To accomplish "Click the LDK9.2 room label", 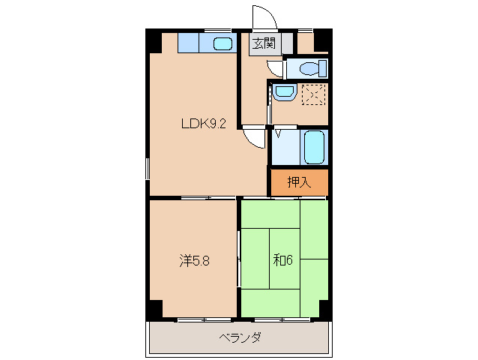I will [x=203, y=124].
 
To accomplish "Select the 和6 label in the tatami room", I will [x=282, y=260].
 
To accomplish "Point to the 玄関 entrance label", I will [x=262, y=43].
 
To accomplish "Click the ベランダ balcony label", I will [x=240, y=337].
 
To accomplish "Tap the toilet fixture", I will [x=309, y=69].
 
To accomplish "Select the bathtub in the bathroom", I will [x=313, y=147].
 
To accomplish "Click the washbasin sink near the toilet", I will [x=283, y=93].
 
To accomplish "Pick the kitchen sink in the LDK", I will [x=223, y=43].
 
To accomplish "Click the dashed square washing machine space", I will [x=313, y=96].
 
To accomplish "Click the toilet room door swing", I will [x=276, y=69].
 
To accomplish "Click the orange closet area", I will [x=298, y=181].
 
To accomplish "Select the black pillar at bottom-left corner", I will [x=153, y=308].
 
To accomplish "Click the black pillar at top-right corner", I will [x=322, y=39].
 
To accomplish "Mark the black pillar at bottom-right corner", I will [x=324, y=308].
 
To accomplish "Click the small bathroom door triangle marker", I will [x=279, y=134].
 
